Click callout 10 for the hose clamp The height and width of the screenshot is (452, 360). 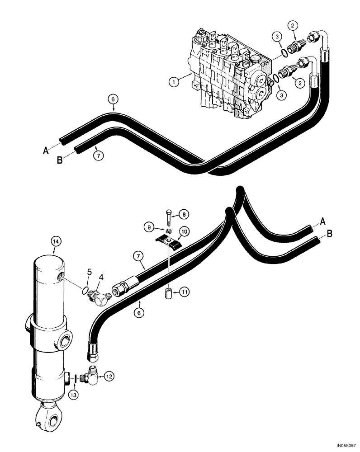click(185, 232)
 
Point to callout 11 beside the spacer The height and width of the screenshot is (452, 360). click(184, 293)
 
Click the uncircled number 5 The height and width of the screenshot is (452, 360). click(89, 273)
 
